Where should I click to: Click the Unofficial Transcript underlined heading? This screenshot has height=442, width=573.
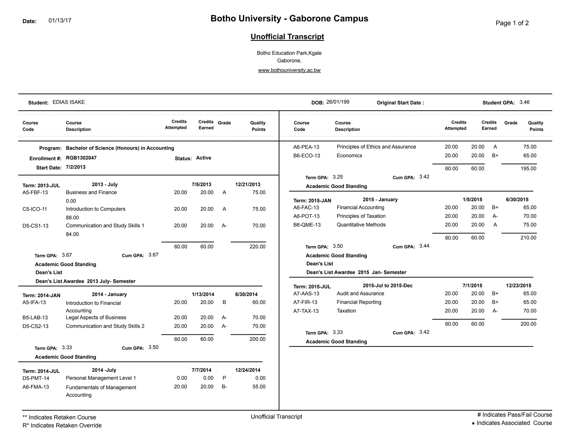[x=287, y=37]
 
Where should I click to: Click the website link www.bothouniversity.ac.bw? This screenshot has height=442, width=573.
[x=289, y=70]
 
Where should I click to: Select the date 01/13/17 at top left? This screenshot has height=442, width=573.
[x=60, y=21]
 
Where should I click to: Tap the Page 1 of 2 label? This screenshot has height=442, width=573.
[x=512, y=23]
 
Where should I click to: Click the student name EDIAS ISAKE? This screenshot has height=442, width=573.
[x=69, y=102]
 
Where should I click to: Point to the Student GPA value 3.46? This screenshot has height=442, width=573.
[x=524, y=102]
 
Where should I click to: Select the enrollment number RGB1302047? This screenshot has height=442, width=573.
[x=81, y=158]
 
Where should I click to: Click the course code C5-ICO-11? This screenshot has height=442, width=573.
[x=35, y=209]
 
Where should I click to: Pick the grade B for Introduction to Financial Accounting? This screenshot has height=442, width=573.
[x=224, y=302]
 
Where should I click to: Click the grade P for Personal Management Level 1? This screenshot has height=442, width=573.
[x=224, y=378]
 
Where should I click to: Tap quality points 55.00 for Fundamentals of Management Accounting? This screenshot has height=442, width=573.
[x=259, y=387]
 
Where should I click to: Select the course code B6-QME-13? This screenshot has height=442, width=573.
[x=307, y=225]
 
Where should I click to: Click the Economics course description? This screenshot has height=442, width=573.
[x=349, y=156]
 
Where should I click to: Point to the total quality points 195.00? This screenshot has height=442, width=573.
[x=528, y=168]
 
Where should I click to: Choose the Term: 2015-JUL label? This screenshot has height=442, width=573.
[x=312, y=287]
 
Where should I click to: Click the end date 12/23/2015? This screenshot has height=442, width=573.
[x=518, y=286]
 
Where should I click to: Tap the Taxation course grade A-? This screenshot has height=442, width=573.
[x=495, y=311]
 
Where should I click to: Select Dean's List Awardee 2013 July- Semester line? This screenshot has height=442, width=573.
[x=85, y=281]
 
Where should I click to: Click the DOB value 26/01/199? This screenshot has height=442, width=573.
[x=338, y=102]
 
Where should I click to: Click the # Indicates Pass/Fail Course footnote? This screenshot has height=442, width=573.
[x=514, y=415]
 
